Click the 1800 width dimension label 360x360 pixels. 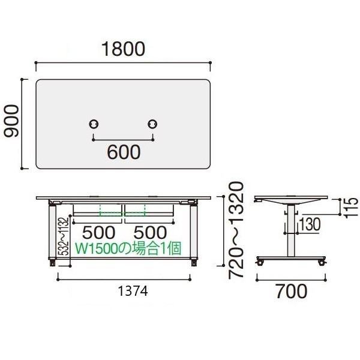click(123, 49)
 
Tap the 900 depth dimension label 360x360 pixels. click(12, 121)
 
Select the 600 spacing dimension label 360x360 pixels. click(124, 152)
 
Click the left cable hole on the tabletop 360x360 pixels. click(94, 124)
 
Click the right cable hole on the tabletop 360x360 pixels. click(152, 124)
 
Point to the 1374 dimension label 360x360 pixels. click(133, 291)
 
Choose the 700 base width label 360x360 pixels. click(291, 291)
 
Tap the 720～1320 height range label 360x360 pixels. click(236, 230)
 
